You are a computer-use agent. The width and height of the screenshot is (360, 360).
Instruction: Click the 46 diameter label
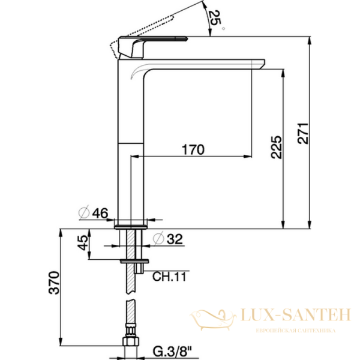point(100,212)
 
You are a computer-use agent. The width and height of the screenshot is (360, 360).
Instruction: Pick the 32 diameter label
point(175,238)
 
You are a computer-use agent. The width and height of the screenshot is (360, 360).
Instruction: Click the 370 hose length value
point(53,282)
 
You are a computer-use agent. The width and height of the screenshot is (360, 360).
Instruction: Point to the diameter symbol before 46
point(85,212)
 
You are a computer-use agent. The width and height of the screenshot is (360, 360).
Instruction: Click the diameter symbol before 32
point(158,238)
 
